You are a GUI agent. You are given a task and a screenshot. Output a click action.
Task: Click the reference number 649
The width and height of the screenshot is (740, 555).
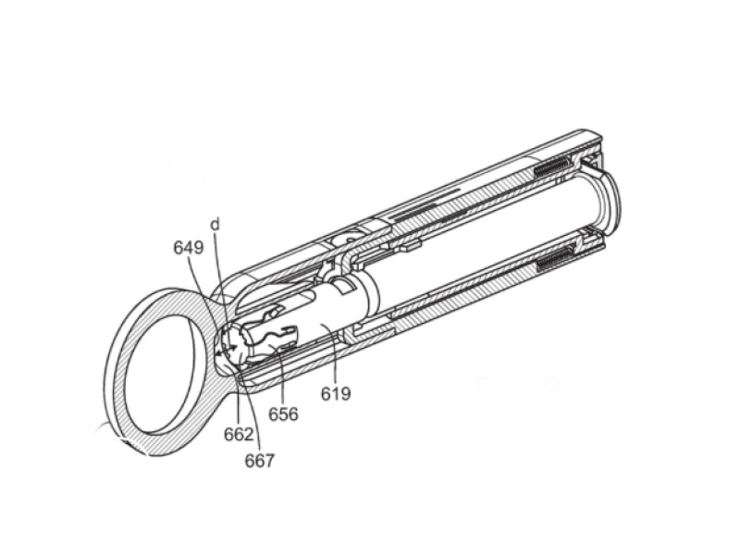pyautogui.click(x=190, y=247)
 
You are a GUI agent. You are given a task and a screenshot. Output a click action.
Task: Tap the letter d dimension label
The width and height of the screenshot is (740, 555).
pyautogui.click(x=215, y=225)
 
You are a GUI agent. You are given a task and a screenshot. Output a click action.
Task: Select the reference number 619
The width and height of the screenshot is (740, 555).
pyautogui.click(x=337, y=395)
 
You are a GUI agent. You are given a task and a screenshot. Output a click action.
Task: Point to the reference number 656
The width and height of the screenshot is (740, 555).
pyautogui.click(x=283, y=413)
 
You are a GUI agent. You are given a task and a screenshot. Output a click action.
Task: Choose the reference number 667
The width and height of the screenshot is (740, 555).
pyautogui.click(x=260, y=460)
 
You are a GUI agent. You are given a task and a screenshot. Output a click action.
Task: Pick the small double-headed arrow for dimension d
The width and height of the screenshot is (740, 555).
pyautogui.click(x=225, y=349)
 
